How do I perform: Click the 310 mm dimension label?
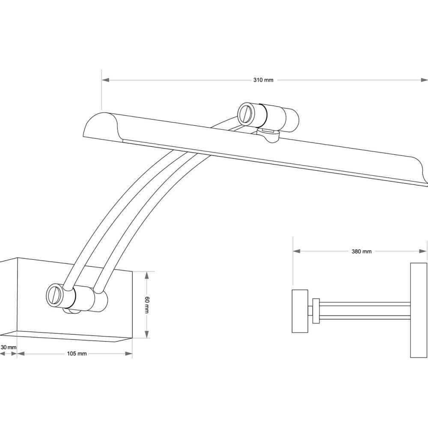(263, 80)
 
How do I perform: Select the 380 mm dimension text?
(361, 251)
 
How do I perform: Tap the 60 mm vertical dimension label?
(147, 305)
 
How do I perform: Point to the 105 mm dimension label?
(77, 354)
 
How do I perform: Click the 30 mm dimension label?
(9, 348)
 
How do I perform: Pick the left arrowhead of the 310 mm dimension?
(105, 80)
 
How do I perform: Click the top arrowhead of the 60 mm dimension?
(147, 275)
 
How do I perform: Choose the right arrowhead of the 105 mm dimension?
(128, 354)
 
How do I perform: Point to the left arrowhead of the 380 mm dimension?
(297, 251)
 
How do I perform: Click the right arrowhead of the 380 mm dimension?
(422, 251)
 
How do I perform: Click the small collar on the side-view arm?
(316, 311)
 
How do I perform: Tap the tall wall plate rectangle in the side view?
(419, 310)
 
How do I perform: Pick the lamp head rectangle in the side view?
(300, 311)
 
